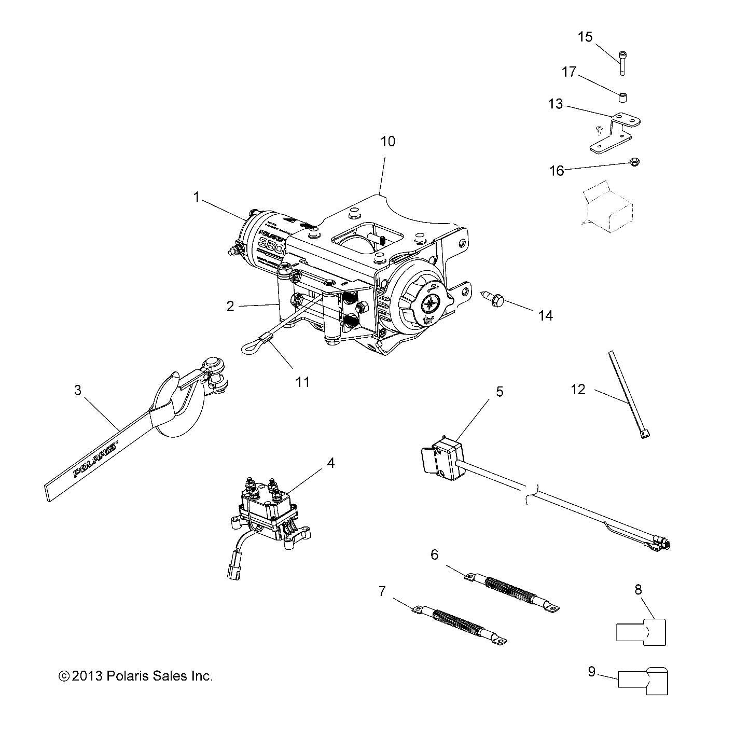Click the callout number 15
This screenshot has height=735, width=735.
click(585, 37)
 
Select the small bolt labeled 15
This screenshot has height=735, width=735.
click(622, 63)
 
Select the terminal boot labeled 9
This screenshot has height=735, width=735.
click(643, 681)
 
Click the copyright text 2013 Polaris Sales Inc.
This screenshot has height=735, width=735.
click(136, 676)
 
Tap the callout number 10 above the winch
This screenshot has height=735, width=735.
click(387, 141)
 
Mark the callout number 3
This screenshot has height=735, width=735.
click(78, 390)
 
